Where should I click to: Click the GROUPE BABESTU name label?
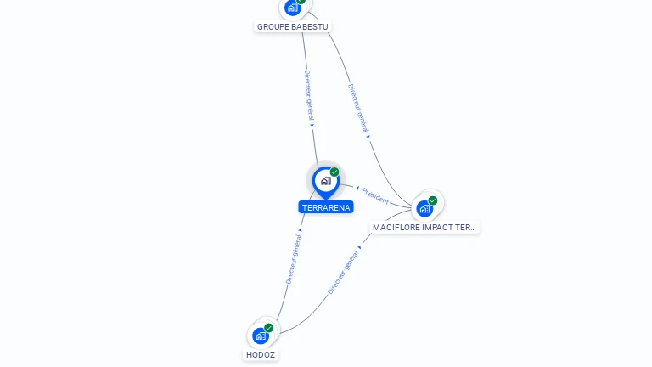pos(292,26)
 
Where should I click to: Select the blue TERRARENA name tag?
pos(326,207)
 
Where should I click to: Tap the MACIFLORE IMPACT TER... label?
pos(424,227)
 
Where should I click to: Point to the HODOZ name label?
pos(261,354)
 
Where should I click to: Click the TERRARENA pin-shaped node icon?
pos(326,183)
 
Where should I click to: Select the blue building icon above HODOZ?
pos(261,336)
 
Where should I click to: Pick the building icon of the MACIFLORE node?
pos(424,208)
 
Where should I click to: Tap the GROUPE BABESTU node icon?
pos(293,8)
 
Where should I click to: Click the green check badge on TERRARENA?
pos(334,172)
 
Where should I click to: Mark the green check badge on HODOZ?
pos(268,328)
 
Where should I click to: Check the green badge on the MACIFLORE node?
pos(433,200)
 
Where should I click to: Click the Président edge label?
pos(375,196)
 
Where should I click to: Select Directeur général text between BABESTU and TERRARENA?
pos(309,95)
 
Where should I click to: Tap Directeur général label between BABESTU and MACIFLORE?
pos(358,108)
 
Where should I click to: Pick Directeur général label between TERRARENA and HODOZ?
pos(294,259)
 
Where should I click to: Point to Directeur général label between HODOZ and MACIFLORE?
pos(343,272)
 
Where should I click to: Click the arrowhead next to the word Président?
pos(357,188)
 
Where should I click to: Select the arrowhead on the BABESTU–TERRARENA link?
pos(312,125)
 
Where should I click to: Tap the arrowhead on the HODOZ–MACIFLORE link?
pos(360,247)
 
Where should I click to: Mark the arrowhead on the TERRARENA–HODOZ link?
pos(301,230)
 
